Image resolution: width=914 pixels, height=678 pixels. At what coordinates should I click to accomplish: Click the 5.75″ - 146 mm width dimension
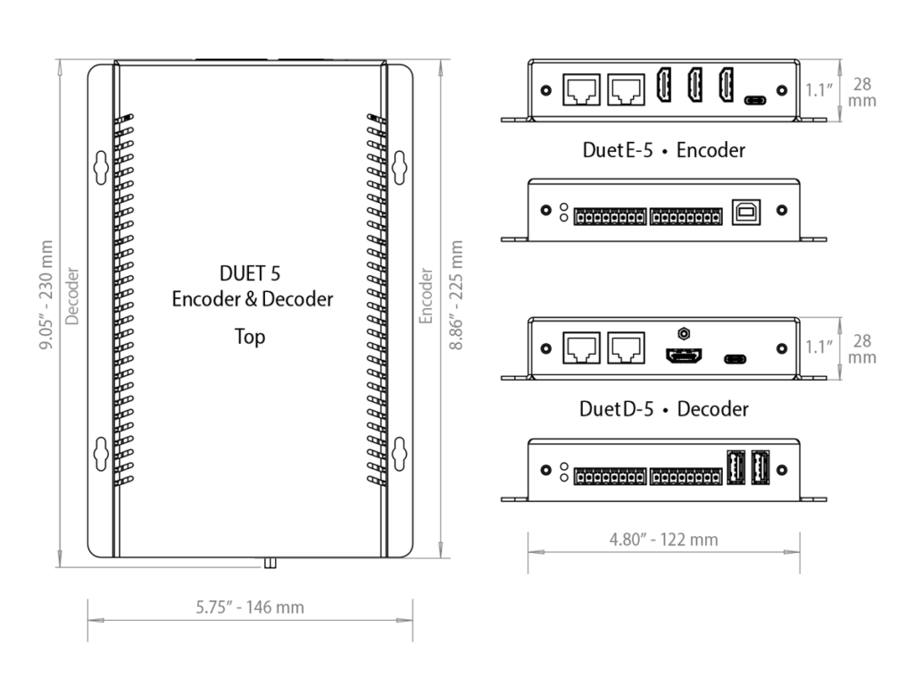tap(250, 607)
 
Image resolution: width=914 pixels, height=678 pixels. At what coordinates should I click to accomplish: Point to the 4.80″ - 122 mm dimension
tap(663, 540)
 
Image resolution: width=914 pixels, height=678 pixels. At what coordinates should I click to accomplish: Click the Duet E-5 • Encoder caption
tap(663, 150)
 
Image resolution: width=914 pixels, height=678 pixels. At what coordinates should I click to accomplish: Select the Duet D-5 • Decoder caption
tap(663, 409)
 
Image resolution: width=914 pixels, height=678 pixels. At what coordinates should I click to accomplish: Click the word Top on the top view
tap(250, 338)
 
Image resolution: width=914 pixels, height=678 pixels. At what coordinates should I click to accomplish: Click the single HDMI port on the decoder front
tap(683, 356)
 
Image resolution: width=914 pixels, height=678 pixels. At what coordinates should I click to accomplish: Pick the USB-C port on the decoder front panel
tap(735, 359)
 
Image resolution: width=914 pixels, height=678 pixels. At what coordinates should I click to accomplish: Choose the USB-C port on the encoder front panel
tap(755, 99)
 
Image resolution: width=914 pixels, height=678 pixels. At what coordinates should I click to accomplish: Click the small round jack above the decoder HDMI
tap(683, 333)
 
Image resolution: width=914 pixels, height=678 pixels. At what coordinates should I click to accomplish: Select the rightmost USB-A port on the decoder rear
tap(760, 467)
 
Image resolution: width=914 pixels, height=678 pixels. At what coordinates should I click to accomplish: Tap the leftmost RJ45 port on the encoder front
tap(580, 90)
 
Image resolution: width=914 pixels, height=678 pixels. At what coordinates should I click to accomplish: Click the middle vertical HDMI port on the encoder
tap(694, 86)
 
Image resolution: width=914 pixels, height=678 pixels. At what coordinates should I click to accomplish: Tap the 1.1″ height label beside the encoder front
tap(818, 89)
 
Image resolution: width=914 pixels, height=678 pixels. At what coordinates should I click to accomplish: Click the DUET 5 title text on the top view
tap(250, 272)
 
